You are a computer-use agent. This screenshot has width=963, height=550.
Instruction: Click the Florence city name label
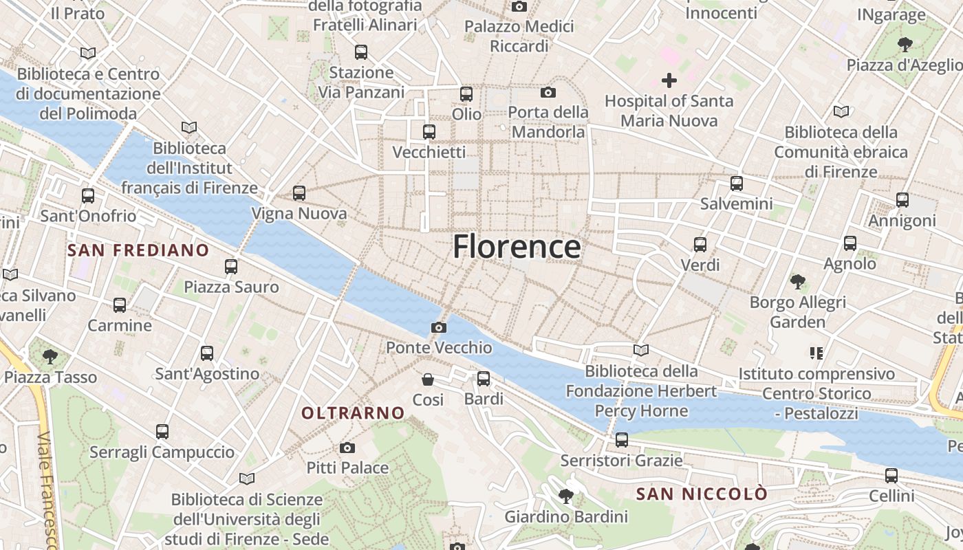[x=517, y=246]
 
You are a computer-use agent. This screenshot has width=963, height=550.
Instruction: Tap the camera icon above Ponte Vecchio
[x=439, y=327]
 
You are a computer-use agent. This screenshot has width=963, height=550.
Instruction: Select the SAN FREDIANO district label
[x=138, y=250]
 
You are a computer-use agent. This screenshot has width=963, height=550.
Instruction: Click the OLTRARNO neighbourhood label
[x=354, y=413]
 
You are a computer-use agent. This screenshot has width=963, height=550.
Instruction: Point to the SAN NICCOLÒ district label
[x=702, y=494]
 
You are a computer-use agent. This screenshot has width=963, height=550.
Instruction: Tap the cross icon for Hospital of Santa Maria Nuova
[x=669, y=80]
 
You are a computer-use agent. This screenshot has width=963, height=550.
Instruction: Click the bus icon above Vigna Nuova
[x=299, y=193]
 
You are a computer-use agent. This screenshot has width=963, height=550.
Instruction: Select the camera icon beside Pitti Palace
[x=347, y=448]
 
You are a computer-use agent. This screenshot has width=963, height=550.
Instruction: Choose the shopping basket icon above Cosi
[x=428, y=379]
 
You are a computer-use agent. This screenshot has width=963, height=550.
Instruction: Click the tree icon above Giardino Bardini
[x=566, y=496]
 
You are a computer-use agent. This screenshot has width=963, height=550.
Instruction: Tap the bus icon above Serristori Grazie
[x=622, y=439]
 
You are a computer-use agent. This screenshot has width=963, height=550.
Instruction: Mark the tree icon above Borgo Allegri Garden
[x=798, y=281]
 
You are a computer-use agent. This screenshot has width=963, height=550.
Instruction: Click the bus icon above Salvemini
[x=737, y=184]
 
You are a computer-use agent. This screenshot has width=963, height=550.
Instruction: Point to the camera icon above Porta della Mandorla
[x=548, y=92]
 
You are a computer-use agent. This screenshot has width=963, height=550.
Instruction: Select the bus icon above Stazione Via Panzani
[x=361, y=52]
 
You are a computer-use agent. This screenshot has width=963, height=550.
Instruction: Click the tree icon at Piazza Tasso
[x=50, y=356]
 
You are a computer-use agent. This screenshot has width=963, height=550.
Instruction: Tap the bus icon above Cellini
[x=891, y=475]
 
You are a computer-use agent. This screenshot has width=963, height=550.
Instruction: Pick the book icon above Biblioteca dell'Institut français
[x=189, y=127]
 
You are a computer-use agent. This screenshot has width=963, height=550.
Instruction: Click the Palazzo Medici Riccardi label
[x=519, y=36]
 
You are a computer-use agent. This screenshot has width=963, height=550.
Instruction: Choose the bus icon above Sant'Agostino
[x=207, y=353]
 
